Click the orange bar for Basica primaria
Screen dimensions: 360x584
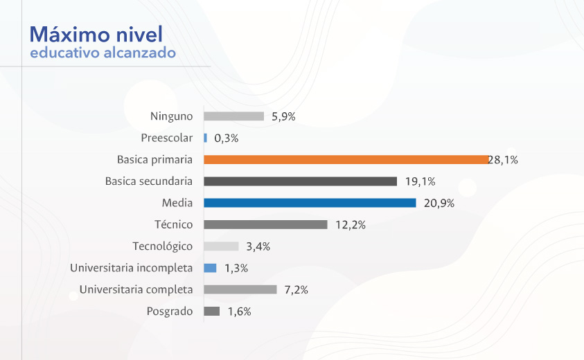(x=346, y=159)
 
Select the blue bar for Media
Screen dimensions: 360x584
(x=310, y=203)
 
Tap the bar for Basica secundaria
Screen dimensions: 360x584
(x=300, y=181)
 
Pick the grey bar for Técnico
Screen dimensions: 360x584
(x=265, y=224)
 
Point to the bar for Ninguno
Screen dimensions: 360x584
(x=233, y=116)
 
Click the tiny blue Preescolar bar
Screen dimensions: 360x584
(x=205, y=138)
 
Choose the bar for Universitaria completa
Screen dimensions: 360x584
(x=240, y=289)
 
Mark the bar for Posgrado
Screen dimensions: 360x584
(x=212, y=312)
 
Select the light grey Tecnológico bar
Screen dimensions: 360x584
(x=221, y=246)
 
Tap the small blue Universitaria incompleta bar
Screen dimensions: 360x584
(x=210, y=268)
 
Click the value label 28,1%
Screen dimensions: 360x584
(x=504, y=160)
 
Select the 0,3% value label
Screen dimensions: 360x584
(x=226, y=138)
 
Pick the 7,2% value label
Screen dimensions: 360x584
(x=296, y=290)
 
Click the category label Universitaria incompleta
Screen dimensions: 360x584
(x=132, y=268)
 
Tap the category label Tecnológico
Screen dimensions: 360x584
(x=163, y=246)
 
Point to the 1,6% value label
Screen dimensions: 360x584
(x=239, y=312)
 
